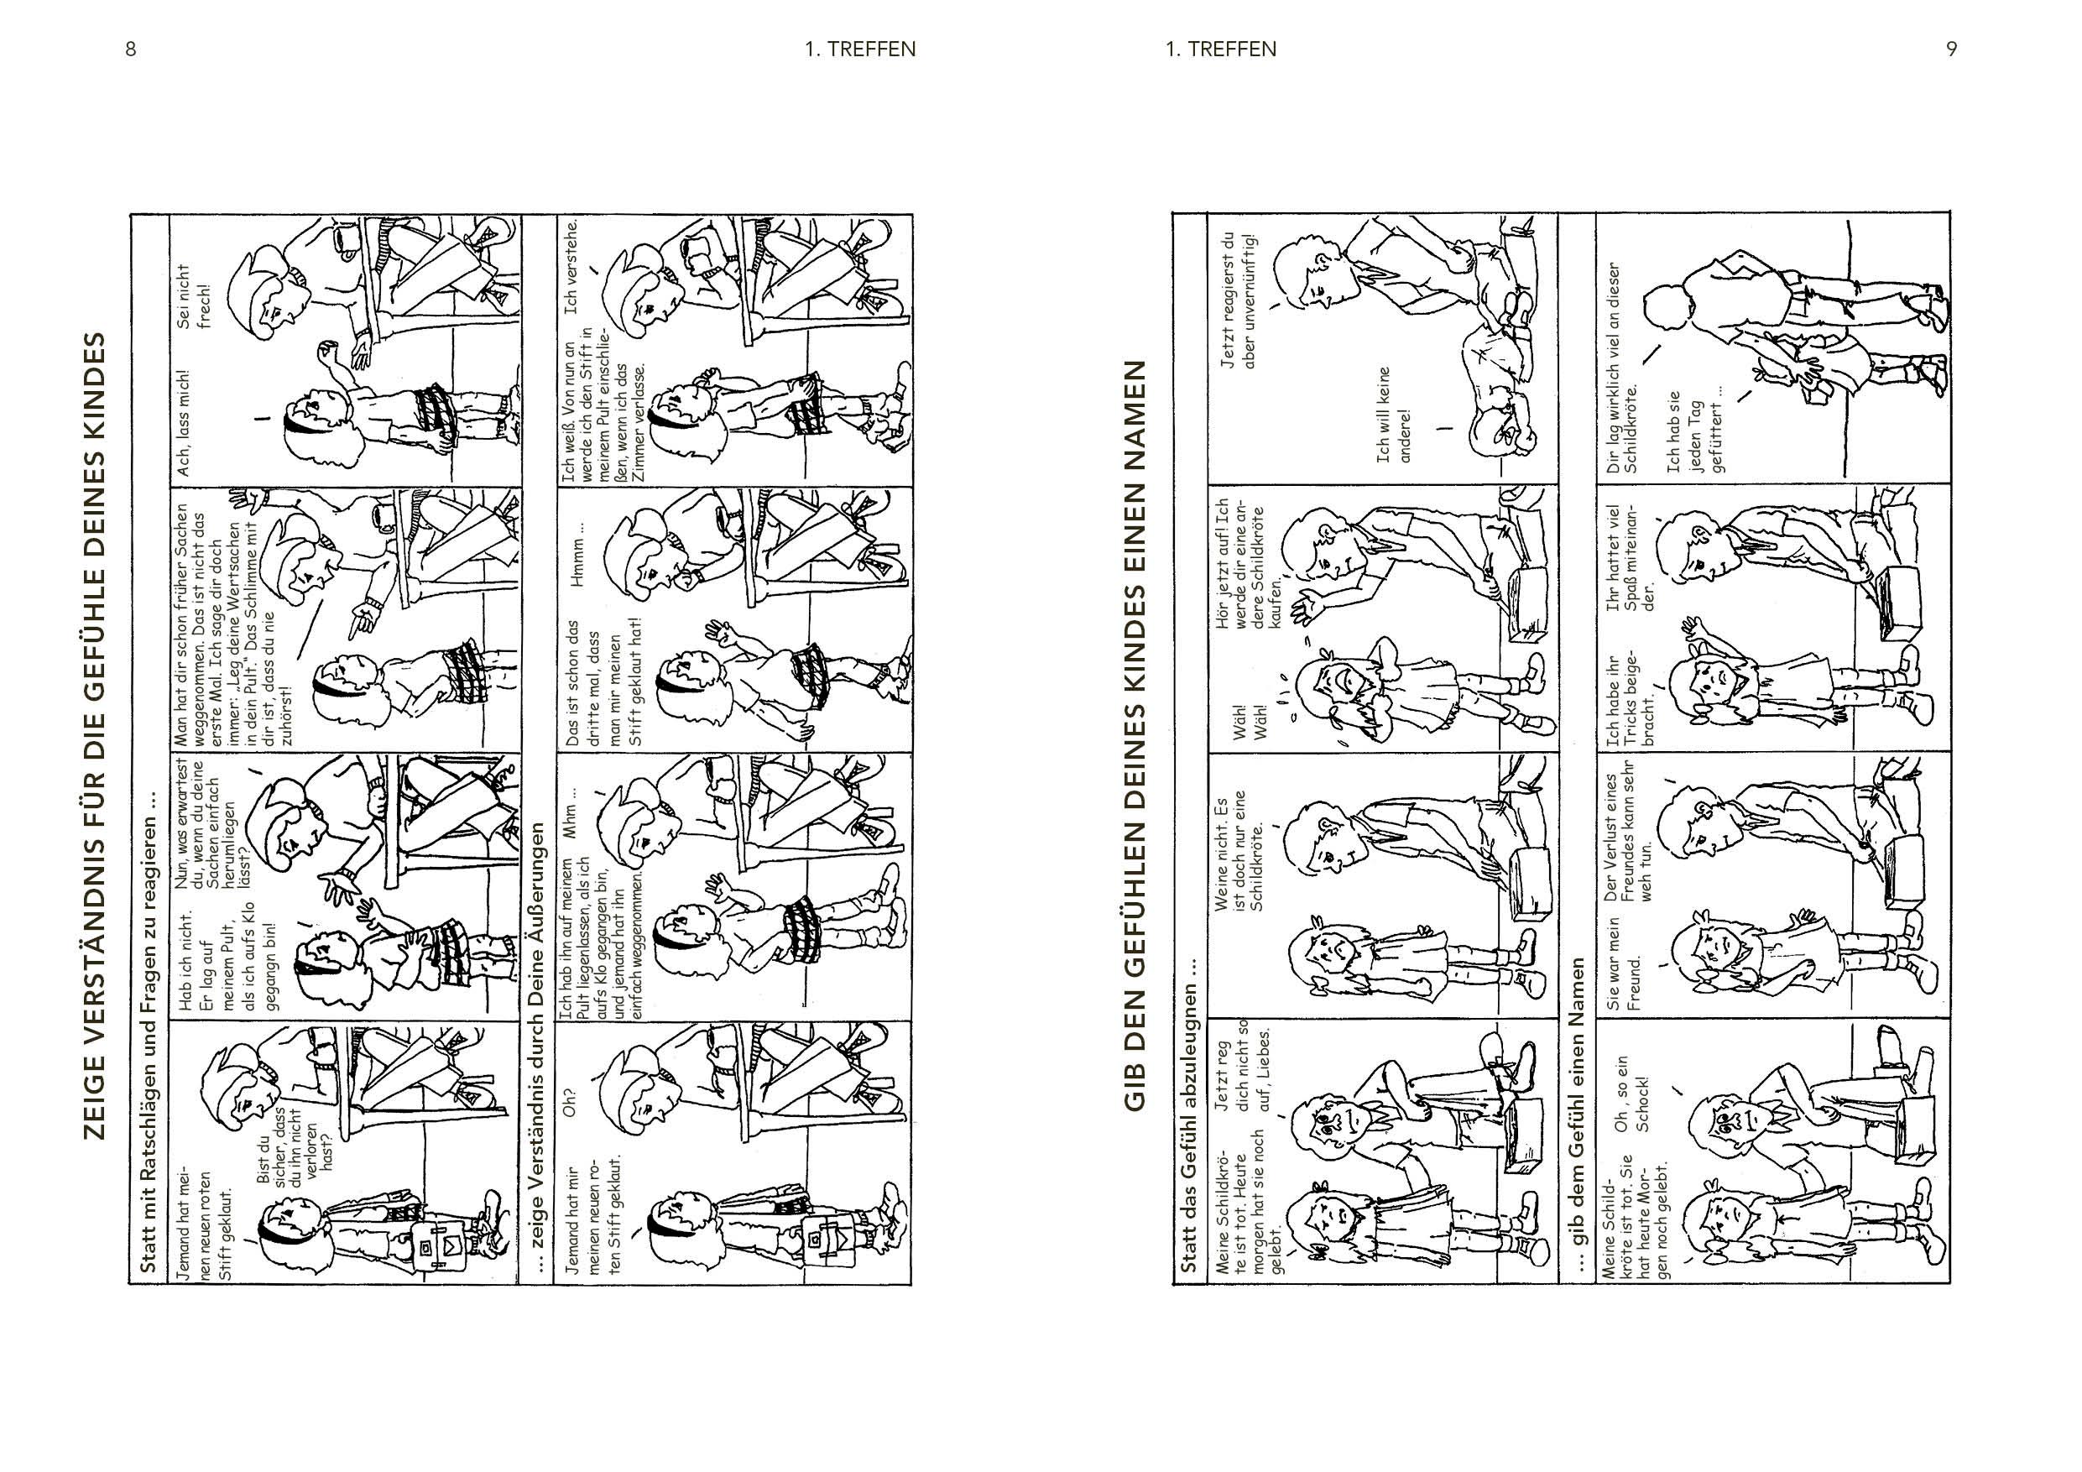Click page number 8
131,49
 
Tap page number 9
1951,49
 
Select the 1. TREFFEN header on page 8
859,49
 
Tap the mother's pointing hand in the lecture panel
364,619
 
